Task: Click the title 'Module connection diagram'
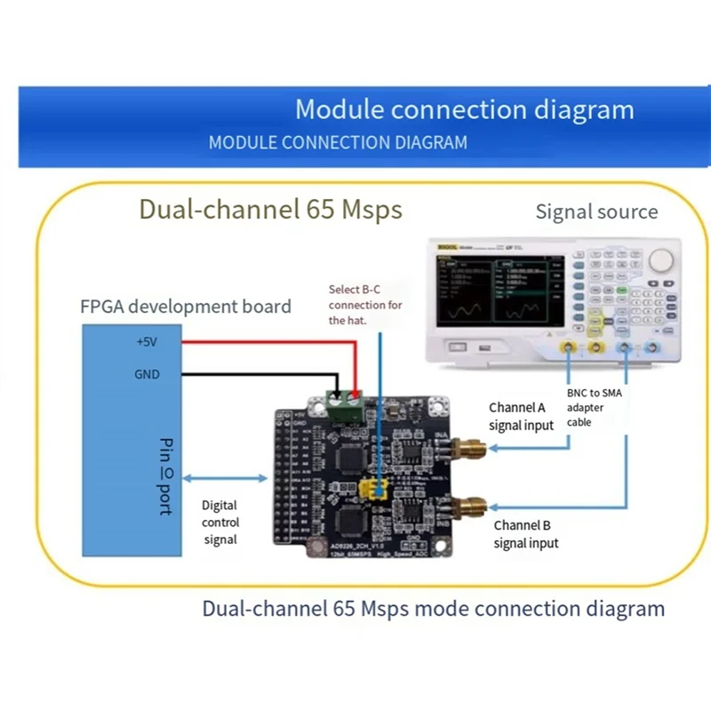point(464,110)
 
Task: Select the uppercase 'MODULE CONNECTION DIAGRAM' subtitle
point(337,142)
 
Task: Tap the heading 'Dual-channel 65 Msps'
point(270,210)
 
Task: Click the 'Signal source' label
point(596,212)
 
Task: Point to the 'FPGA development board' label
point(186,307)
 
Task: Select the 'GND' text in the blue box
point(147,374)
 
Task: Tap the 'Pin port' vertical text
point(164,475)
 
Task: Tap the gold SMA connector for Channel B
point(466,510)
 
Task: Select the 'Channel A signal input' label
point(521,416)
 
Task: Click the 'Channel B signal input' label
point(526,533)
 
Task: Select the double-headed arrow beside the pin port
point(226,477)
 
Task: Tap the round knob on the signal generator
point(662,260)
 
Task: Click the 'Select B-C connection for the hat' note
point(364,305)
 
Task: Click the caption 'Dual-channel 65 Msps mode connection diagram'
point(433,609)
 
